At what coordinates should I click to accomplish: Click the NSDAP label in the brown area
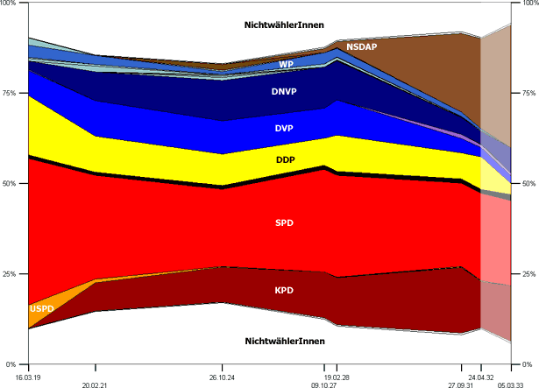(x=361, y=46)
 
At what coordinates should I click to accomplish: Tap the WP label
(x=286, y=65)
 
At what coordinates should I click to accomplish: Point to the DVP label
(x=284, y=129)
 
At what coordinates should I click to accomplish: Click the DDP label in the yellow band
(x=285, y=160)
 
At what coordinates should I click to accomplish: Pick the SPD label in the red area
(x=284, y=223)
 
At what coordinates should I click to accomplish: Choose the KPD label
(x=284, y=289)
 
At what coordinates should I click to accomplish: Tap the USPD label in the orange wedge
(x=41, y=309)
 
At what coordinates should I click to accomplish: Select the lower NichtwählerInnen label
(x=285, y=341)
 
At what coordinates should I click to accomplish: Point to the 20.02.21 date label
(x=95, y=384)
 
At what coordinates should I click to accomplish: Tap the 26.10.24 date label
(x=223, y=376)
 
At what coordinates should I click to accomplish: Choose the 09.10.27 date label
(x=325, y=384)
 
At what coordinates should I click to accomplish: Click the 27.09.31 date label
(x=462, y=384)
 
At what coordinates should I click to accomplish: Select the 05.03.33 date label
(x=511, y=384)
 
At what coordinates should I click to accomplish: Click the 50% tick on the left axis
(x=11, y=184)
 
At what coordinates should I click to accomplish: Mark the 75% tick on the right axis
(x=528, y=94)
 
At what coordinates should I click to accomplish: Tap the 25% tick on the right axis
(x=528, y=274)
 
